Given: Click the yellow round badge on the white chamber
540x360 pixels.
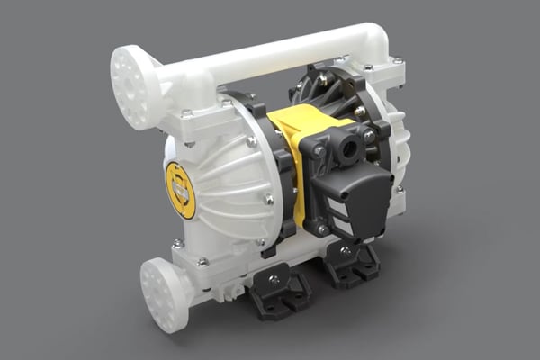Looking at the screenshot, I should (180, 190).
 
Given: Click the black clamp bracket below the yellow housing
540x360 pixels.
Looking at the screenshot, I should (288, 229).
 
